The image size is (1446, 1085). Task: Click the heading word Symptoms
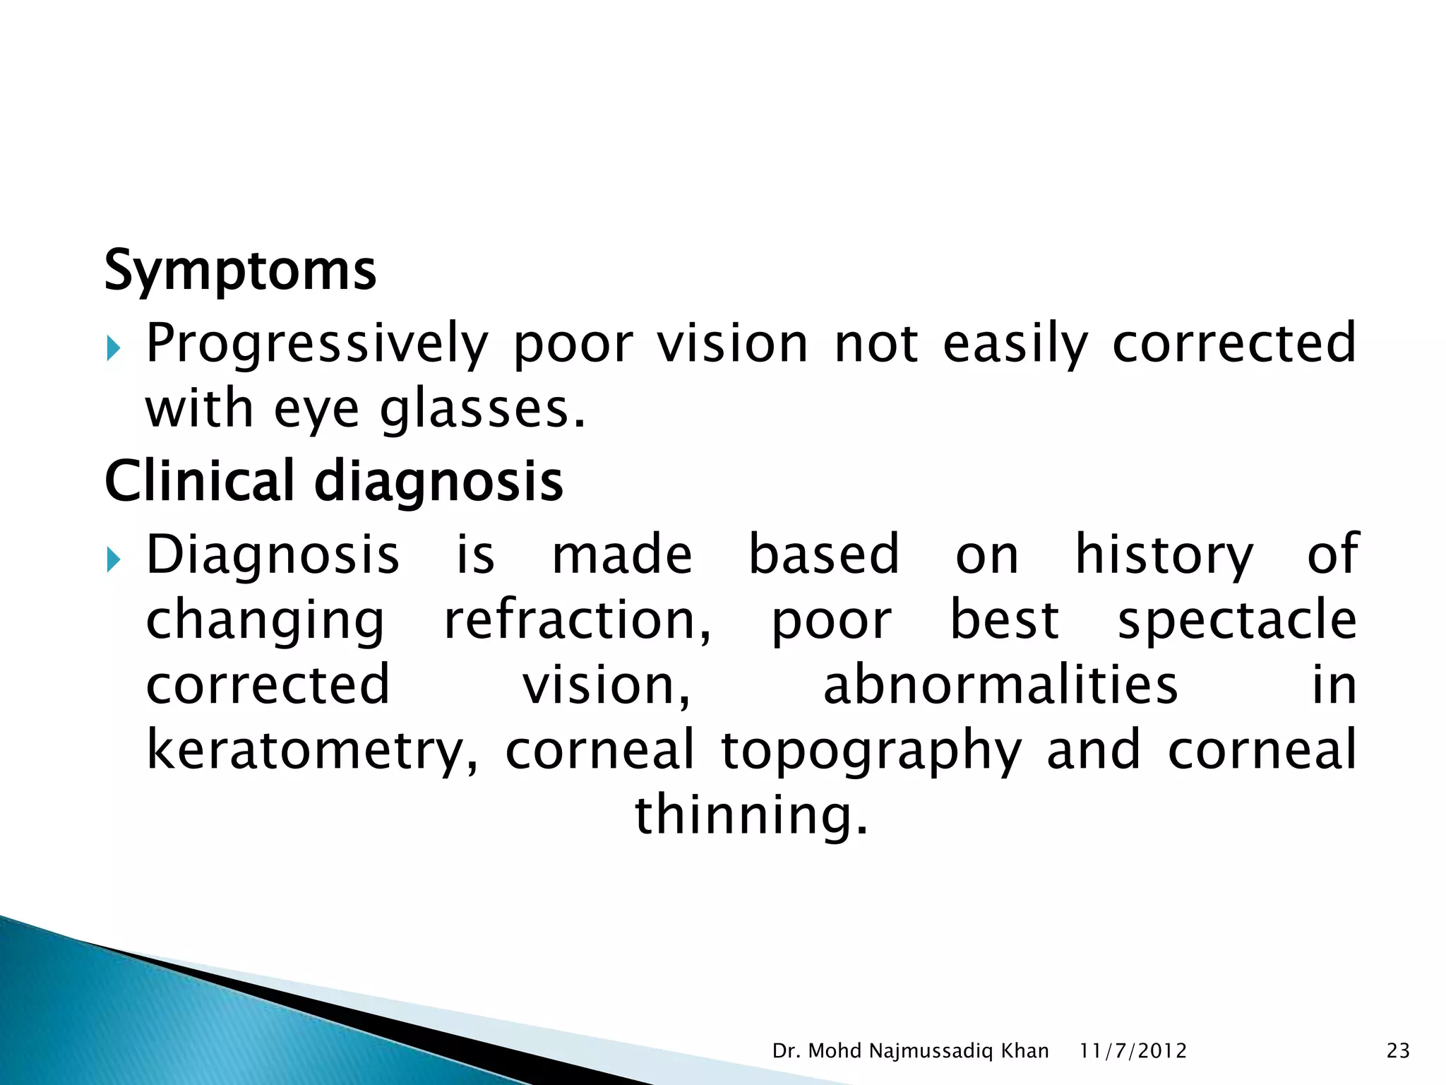(x=240, y=271)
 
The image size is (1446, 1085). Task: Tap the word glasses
(x=482, y=410)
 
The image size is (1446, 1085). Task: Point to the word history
(x=1164, y=555)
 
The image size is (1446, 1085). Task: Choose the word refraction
(x=577, y=620)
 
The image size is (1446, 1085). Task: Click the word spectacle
(x=1237, y=620)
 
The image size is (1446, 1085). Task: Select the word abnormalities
(x=1000, y=685)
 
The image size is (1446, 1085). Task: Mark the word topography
(x=871, y=751)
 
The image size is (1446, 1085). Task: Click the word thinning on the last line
(x=751, y=815)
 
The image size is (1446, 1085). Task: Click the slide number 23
(x=1398, y=1051)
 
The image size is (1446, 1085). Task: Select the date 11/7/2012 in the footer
(x=1133, y=1051)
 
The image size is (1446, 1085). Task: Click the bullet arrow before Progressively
(x=114, y=348)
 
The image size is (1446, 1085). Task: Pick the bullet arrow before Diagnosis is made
(x=114, y=560)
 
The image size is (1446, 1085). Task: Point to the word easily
(x=1015, y=344)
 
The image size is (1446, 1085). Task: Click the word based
(x=823, y=555)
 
